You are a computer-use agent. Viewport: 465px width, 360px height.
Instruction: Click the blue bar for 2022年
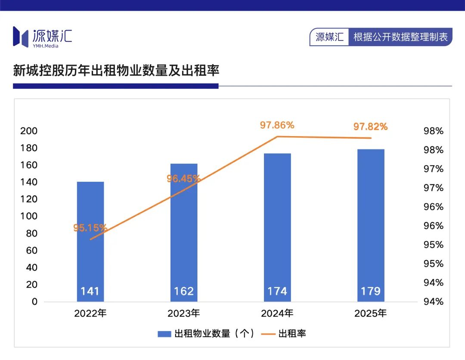click(90, 241)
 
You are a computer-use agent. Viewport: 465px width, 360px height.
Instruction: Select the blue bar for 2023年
click(184, 233)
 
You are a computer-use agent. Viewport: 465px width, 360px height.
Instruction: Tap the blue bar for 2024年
click(277, 227)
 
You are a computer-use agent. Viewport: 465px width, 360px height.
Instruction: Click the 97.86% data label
click(277, 125)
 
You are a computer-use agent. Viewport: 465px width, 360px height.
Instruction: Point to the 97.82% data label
click(370, 127)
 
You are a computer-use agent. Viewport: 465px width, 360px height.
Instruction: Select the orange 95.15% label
click(90, 228)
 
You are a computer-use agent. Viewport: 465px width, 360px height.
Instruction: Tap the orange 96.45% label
click(183, 178)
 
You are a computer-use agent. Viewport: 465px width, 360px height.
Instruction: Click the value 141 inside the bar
click(90, 292)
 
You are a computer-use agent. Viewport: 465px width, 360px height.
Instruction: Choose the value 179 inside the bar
click(371, 292)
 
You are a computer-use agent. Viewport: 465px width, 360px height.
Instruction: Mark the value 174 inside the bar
click(277, 292)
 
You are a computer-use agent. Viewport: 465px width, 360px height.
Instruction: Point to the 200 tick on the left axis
click(29, 131)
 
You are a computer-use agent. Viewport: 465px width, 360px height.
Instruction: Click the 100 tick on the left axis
click(29, 216)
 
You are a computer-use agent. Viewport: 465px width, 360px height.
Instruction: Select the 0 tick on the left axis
click(34, 301)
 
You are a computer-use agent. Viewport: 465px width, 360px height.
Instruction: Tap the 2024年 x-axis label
click(277, 313)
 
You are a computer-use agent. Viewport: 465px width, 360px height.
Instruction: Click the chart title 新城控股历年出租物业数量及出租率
click(116, 70)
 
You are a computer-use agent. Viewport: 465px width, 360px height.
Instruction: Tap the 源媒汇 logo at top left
click(42, 37)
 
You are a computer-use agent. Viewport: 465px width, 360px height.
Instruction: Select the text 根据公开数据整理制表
click(400, 37)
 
